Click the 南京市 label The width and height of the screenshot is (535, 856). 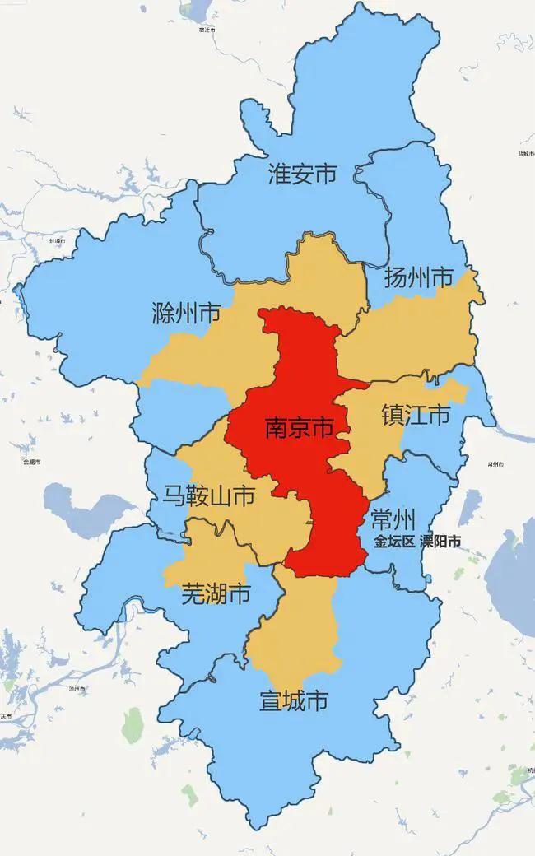point(299,428)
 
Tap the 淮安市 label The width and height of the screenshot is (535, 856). point(303,174)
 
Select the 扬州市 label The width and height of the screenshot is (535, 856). point(419,277)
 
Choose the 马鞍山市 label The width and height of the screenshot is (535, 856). point(207,495)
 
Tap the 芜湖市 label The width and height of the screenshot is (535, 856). point(216,593)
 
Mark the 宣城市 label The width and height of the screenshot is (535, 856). point(293,701)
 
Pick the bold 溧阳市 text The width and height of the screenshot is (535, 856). point(440,542)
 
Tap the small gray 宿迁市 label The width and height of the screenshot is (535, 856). point(207,30)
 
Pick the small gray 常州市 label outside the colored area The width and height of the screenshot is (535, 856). point(494,464)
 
